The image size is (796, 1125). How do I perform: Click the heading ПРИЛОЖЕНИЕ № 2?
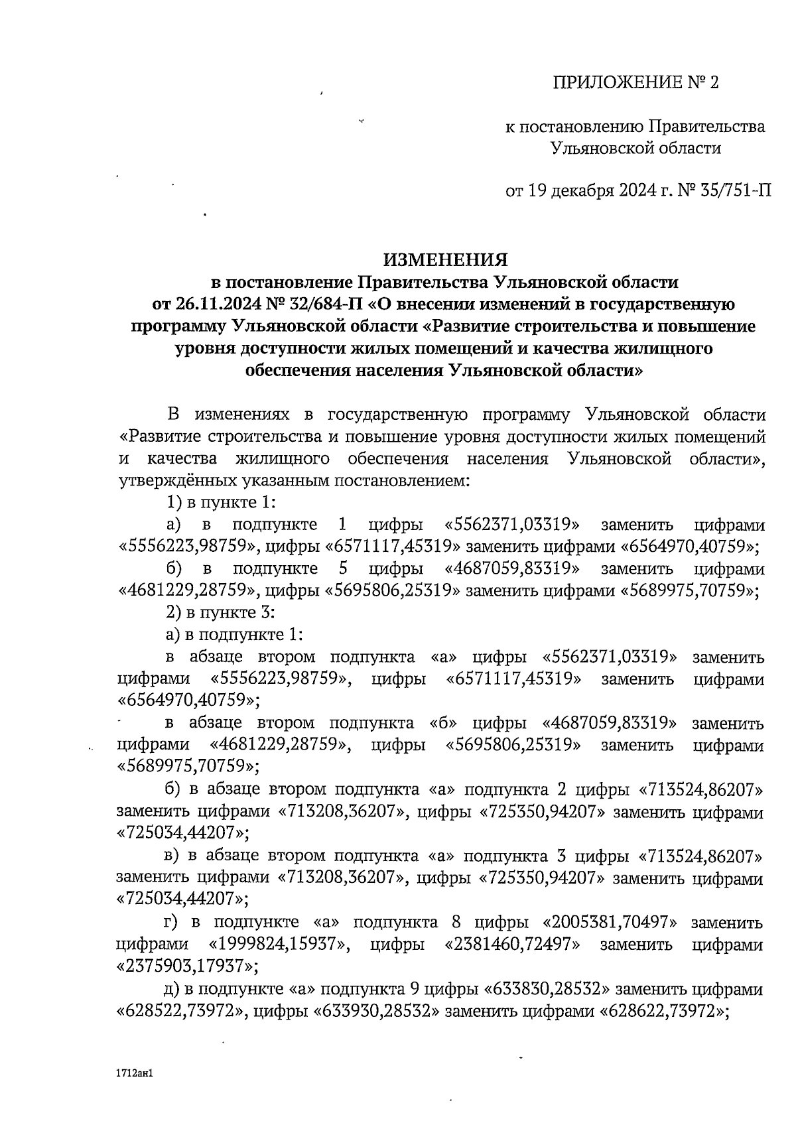(x=635, y=83)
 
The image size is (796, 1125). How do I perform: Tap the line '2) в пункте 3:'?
(x=220, y=612)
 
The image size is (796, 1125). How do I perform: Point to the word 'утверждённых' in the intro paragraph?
(x=168, y=480)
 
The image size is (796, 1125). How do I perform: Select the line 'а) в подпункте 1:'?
(x=233, y=635)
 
